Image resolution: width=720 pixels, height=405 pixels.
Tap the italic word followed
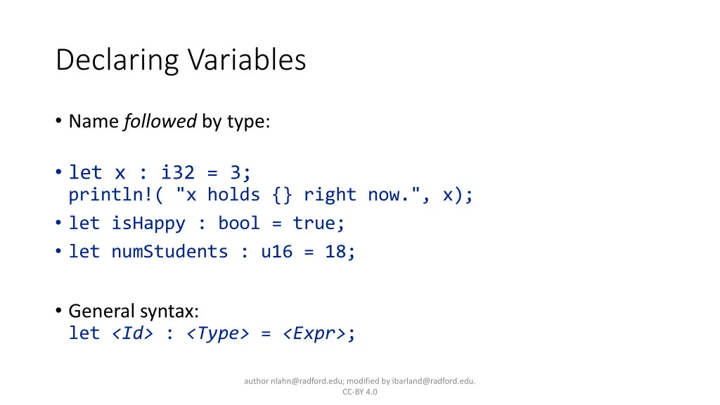(160, 122)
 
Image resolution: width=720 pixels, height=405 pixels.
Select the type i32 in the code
(176, 172)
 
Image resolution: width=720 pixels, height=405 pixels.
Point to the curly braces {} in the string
(283, 195)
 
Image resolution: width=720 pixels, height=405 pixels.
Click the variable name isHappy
(148, 224)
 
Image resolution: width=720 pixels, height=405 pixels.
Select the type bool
(240, 224)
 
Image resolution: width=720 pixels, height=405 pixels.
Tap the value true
(316, 224)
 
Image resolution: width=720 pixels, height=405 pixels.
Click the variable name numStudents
(169, 251)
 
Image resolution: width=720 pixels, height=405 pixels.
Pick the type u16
(276, 251)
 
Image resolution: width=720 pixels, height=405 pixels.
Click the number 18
(337, 251)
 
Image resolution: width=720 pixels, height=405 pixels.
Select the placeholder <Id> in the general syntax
(132, 333)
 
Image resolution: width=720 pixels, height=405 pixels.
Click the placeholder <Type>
(218, 333)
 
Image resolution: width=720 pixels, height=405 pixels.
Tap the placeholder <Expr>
(314, 333)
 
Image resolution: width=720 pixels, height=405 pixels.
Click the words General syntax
(134, 311)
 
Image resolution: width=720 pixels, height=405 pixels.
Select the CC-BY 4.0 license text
(360, 392)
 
